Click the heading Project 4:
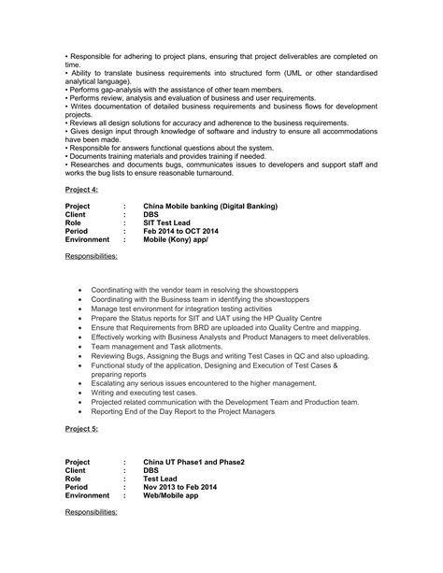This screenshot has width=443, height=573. (82, 189)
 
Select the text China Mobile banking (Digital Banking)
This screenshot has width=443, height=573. (209, 206)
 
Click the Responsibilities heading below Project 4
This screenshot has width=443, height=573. (92, 255)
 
